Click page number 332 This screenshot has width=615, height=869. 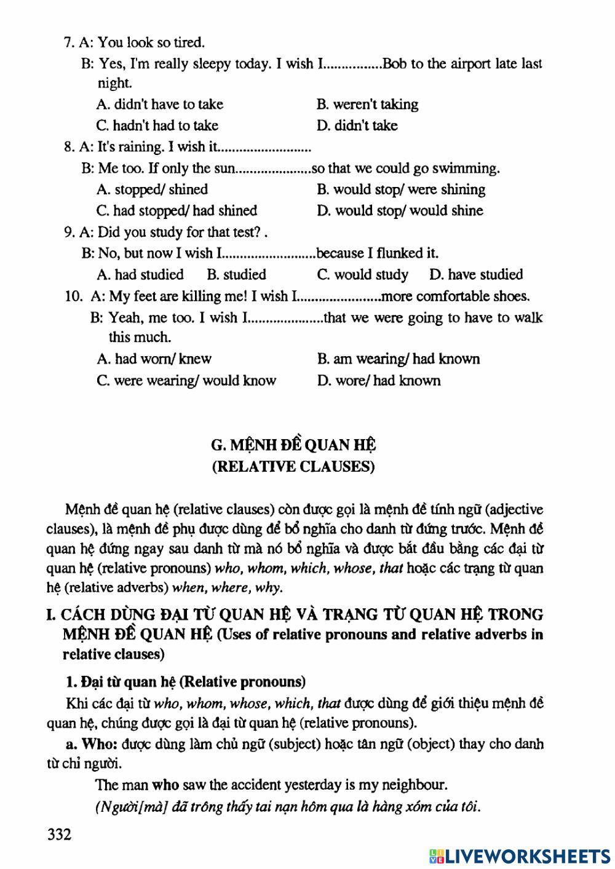59,835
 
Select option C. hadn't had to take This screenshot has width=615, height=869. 157,125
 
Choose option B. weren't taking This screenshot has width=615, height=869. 367,104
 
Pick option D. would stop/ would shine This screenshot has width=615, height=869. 400,210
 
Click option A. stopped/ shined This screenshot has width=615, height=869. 152,189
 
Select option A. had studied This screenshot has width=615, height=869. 140,274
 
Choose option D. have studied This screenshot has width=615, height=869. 476,274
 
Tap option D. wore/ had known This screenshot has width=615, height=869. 379,380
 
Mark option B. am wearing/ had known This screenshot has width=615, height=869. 398,359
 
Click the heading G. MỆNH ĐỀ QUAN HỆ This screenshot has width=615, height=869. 293,445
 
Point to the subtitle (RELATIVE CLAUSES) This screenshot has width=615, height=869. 293,466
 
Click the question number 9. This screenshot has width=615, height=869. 68,232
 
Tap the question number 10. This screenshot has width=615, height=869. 73,296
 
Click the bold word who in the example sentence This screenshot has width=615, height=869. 165,784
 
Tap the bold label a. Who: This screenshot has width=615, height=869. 91,744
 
